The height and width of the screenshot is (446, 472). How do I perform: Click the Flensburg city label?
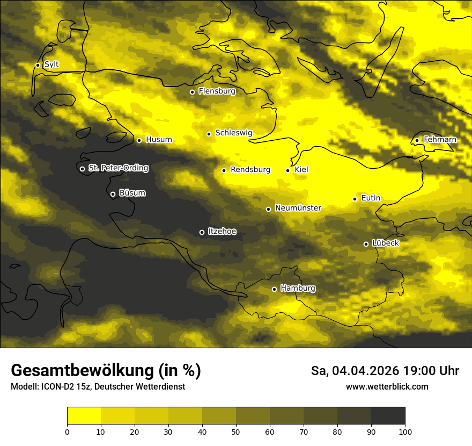coord(217,91)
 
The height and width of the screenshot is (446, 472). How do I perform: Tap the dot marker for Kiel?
coord(288,170)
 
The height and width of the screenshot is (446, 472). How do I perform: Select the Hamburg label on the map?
coord(298,289)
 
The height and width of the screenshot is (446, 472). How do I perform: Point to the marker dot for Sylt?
coord(38,65)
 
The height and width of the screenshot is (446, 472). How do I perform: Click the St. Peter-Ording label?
coord(118,168)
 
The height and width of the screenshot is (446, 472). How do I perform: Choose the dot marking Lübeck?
coord(366,244)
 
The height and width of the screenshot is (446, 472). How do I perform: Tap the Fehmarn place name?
coord(440,140)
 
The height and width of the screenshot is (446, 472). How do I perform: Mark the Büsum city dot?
coord(113,195)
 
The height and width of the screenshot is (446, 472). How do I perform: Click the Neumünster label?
coord(298,208)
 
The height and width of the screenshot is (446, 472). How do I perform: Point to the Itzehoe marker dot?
coord(202,232)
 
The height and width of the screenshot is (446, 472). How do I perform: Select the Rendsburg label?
coord(250,170)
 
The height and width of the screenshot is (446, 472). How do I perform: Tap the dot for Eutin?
coord(355,199)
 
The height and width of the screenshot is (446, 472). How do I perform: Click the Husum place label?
coord(159,140)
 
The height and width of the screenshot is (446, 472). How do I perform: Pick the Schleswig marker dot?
coord(209,134)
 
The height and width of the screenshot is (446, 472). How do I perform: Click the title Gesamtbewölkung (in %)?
coord(106,370)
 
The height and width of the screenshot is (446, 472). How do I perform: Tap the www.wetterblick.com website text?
coord(387,386)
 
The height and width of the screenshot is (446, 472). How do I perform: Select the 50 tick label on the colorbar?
coord(236,431)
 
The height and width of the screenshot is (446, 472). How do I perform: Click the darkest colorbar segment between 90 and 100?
coord(388,416)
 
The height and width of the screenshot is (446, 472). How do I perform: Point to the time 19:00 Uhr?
coord(433,371)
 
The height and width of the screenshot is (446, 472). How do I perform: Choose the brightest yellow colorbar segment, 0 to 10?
coord(84,416)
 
